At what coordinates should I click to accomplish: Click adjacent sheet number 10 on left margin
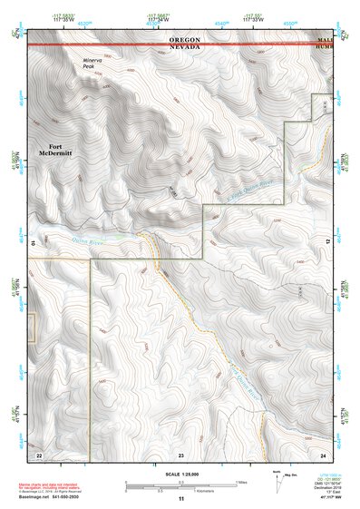(x=34, y=243)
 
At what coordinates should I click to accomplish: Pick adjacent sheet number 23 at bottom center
(x=180, y=454)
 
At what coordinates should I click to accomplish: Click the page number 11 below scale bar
(x=180, y=499)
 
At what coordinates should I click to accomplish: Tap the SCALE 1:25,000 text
(x=180, y=474)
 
